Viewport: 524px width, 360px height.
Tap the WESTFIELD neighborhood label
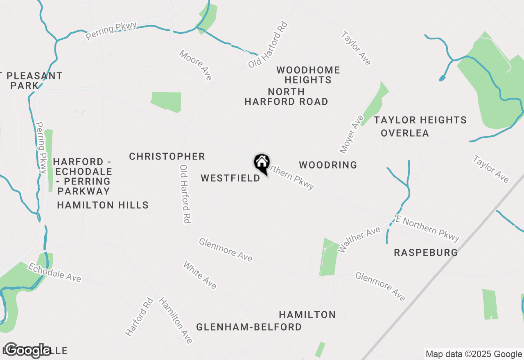tap(230, 178)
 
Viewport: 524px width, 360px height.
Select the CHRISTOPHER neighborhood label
tap(167, 157)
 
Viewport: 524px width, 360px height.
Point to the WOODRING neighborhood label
tap(328, 165)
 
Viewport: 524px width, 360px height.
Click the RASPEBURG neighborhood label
tap(426, 253)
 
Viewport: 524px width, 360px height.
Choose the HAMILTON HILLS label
tap(103, 205)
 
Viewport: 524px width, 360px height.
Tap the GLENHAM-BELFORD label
tap(249, 327)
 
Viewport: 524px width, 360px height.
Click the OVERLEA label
tap(405, 133)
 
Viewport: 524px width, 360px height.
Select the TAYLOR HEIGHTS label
tap(420, 120)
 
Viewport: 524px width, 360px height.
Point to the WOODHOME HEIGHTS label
tap(308, 75)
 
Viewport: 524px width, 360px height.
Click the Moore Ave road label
tap(196, 65)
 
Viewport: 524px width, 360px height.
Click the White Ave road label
tap(200, 275)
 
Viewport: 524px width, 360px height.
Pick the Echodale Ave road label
tap(54, 272)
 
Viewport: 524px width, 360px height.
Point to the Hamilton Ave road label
tap(175, 320)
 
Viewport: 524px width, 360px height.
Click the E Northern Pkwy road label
tap(427, 229)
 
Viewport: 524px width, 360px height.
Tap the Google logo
tap(27, 350)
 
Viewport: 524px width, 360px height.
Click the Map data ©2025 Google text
tap(474, 354)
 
